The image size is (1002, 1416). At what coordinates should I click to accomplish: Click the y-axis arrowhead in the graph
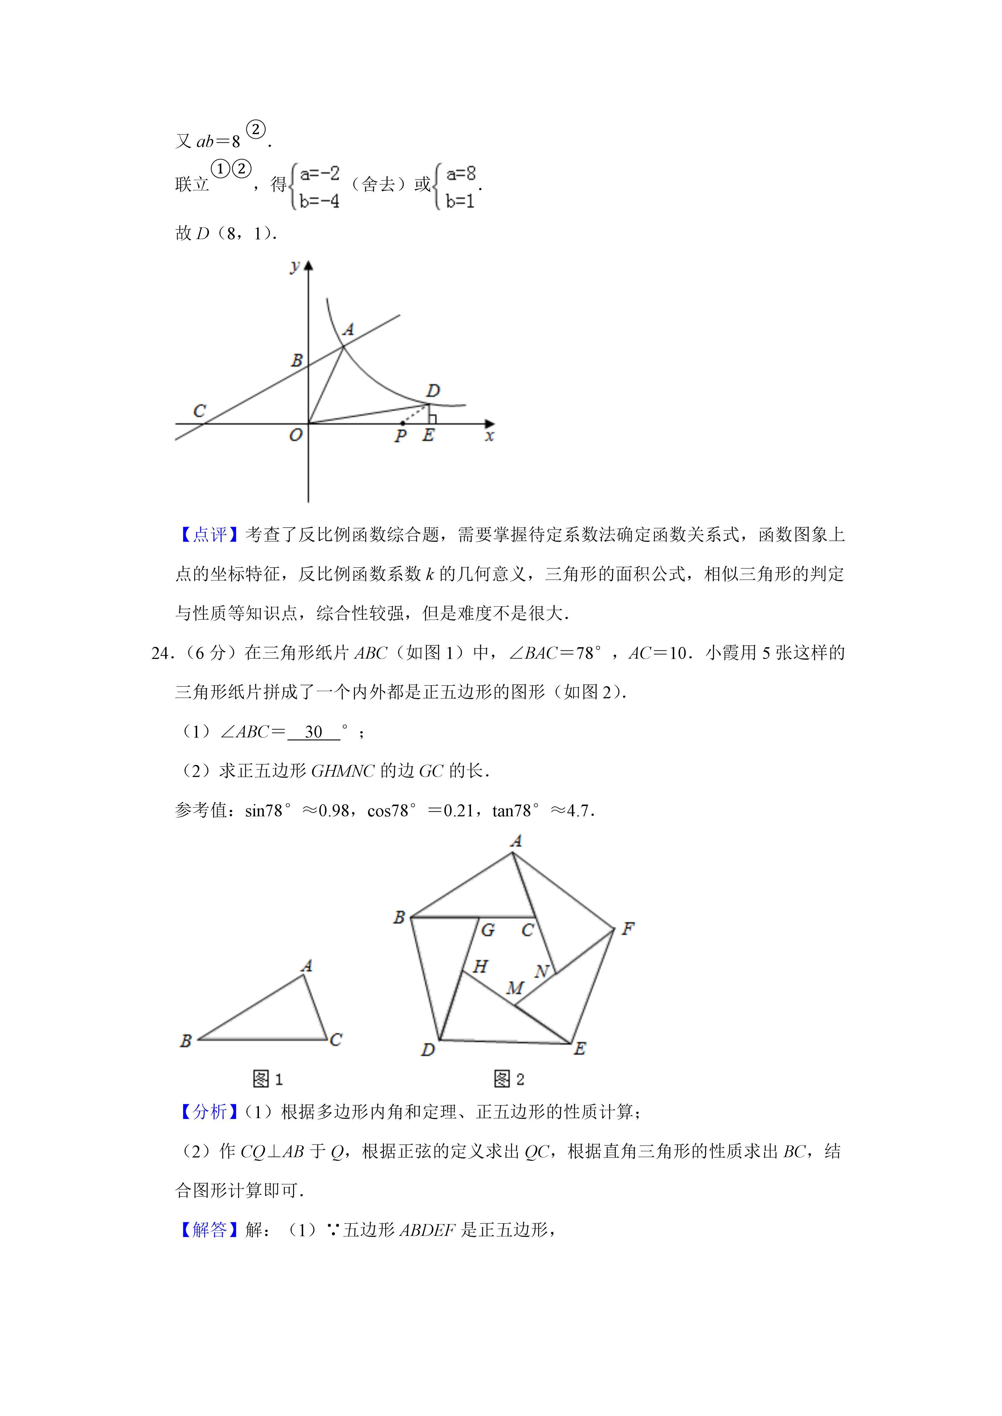(308, 266)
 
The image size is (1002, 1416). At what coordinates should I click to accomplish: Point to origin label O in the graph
(296, 435)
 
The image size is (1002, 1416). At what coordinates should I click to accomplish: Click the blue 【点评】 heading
(210, 535)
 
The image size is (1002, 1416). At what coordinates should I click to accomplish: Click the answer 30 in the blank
(314, 732)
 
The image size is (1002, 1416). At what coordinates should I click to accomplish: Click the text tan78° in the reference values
(515, 811)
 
